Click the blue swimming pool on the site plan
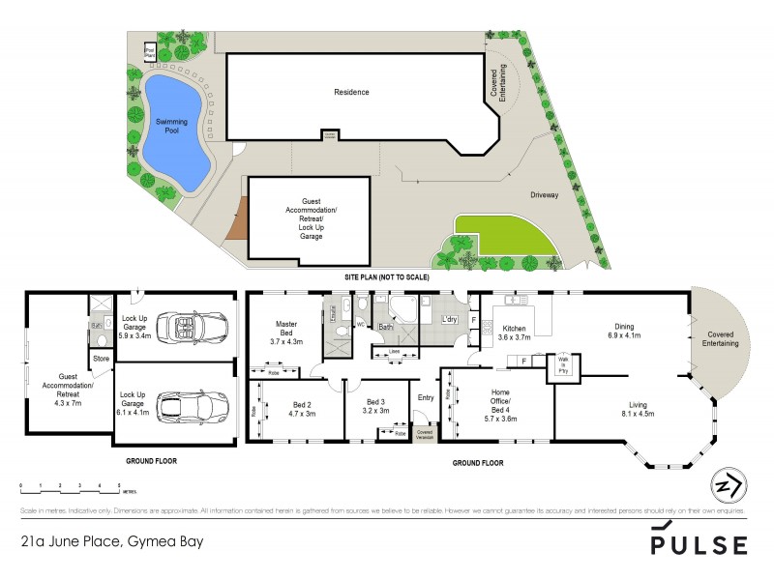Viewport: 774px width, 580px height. (x=174, y=130)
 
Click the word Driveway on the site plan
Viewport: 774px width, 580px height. (x=545, y=194)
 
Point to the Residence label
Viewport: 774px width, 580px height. (x=351, y=93)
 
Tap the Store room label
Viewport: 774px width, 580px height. (x=102, y=359)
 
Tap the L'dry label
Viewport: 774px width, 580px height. (x=449, y=320)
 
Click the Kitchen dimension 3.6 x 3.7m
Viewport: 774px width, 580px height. (x=514, y=338)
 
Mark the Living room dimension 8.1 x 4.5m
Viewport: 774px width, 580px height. (x=638, y=414)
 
